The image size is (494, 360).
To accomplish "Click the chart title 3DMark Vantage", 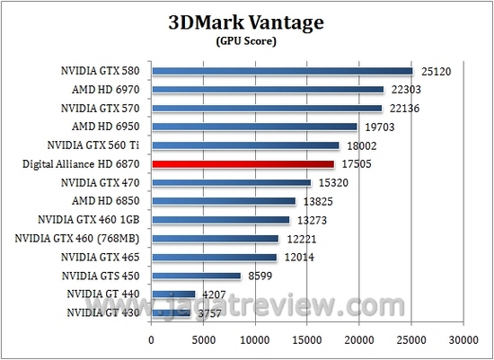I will pyautogui.click(x=246, y=21).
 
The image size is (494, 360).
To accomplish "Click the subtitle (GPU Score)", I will pyautogui.click(x=246, y=40).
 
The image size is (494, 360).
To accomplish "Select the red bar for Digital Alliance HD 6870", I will pyautogui.click(x=243, y=164).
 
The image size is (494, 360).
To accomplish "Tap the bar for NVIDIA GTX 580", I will pyautogui.click(x=282, y=71).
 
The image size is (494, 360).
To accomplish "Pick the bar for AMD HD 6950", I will pyautogui.click(x=254, y=127).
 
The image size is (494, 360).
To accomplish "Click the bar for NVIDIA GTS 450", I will pyautogui.click(x=196, y=275).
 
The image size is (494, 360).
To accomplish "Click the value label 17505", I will pyautogui.click(x=356, y=164).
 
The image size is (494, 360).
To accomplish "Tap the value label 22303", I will pyautogui.click(x=406, y=90).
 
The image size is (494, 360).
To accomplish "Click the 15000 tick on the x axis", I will pyautogui.click(x=307, y=340).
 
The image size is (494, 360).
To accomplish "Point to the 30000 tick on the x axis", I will pyautogui.click(x=463, y=340).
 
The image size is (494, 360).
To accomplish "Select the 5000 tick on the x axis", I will pyautogui.click(x=203, y=340).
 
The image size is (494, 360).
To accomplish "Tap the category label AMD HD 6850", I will pyautogui.click(x=108, y=200).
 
